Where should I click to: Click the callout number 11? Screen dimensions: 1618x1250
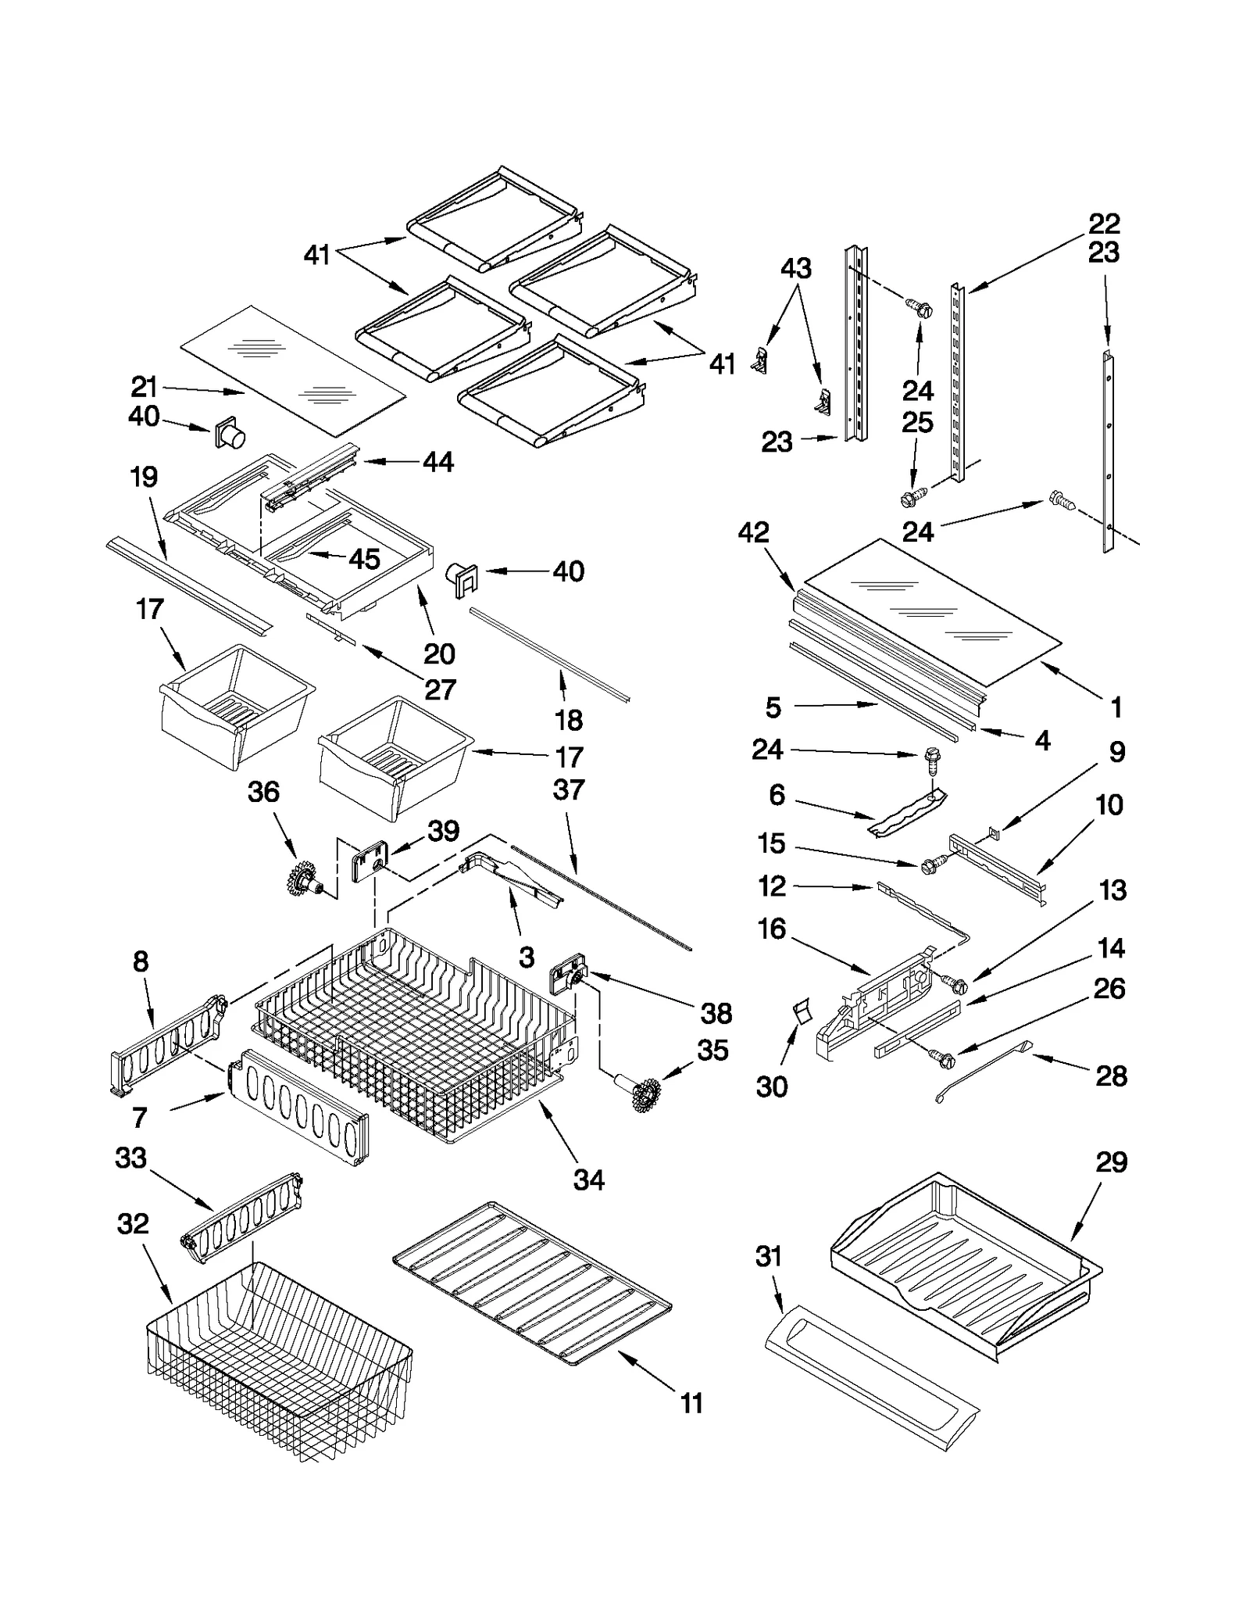tap(691, 1403)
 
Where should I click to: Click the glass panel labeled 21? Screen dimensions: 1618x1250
tap(293, 370)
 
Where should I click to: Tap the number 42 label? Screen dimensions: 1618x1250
tap(753, 533)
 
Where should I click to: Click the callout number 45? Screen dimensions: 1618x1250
tap(364, 559)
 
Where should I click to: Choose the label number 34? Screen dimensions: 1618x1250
tap(588, 1179)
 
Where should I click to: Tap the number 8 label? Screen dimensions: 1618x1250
tap(141, 961)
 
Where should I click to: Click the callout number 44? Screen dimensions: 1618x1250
tap(437, 462)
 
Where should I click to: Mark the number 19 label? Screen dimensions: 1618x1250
tap(144, 477)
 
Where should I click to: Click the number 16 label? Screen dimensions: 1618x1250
tap(772, 929)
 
